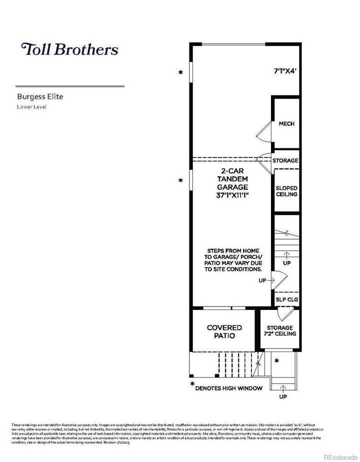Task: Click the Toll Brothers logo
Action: (69, 49)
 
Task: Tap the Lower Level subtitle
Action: (31, 106)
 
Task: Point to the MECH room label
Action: (286, 124)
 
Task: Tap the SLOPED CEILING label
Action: (286, 191)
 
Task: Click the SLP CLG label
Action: (286, 299)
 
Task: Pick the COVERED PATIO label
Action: (224, 331)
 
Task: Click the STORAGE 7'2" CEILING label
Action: (280, 330)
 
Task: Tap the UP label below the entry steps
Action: (282, 396)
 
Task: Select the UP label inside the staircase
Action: (286, 262)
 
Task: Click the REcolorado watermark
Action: (340, 456)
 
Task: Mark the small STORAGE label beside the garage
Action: (285, 161)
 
